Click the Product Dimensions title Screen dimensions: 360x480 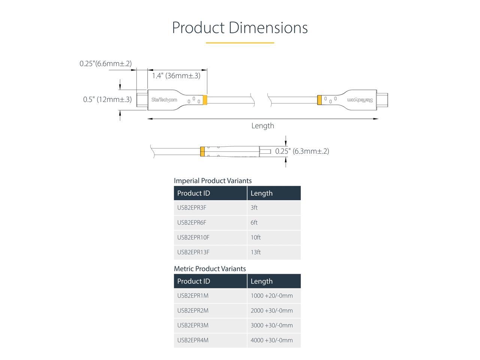click(240, 28)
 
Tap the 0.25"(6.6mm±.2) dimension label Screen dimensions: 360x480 click(105, 64)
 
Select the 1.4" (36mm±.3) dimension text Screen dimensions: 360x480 click(176, 76)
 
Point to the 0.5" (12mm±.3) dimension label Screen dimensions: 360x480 click(107, 99)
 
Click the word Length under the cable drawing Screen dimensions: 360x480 click(262, 126)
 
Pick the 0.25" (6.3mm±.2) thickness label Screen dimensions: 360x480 click(302, 151)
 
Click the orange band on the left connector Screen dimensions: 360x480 click(205, 100)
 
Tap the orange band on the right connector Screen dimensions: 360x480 click(319, 100)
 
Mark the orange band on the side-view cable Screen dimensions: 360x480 click(202, 151)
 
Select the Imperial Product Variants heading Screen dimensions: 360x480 click(213, 181)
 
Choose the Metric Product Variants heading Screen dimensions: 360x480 click(210, 269)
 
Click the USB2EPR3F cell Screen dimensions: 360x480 click(192, 208)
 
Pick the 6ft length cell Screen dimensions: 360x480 click(254, 223)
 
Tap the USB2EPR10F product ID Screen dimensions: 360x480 click(193, 237)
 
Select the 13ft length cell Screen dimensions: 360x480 click(255, 252)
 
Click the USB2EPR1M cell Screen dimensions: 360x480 click(193, 296)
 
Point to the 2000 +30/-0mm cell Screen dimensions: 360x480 click(271, 310)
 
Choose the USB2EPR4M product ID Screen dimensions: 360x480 click(193, 340)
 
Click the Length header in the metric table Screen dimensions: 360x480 click(261, 281)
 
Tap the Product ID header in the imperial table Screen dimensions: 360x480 click(193, 193)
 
